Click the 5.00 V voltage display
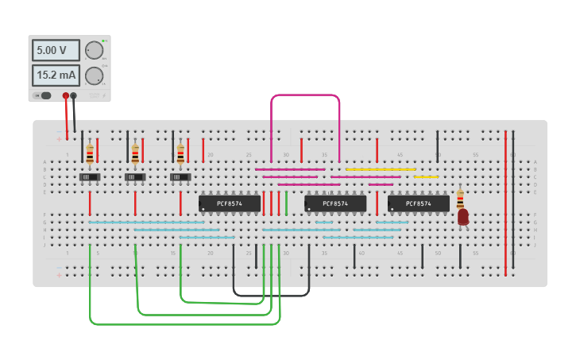[x=56, y=50]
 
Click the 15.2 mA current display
[x=56, y=75]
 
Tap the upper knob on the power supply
[x=94, y=50]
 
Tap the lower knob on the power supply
[x=94, y=75]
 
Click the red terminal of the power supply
[x=66, y=96]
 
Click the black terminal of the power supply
[x=74, y=96]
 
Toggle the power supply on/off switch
[x=44, y=96]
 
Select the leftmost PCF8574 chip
[x=230, y=203]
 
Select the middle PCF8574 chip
[x=335, y=203]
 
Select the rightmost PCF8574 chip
[x=418, y=203]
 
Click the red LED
[x=463, y=216]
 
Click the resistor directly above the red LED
[x=460, y=196]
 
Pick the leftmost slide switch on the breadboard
[x=90, y=176]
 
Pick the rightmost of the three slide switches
[x=181, y=176]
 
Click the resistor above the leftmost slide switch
[x=90, y=153]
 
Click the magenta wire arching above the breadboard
[x=306, y=95]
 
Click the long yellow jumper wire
[x=381, y=169]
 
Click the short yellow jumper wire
[x=426, y=176]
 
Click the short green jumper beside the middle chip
[x=287, y=203]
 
